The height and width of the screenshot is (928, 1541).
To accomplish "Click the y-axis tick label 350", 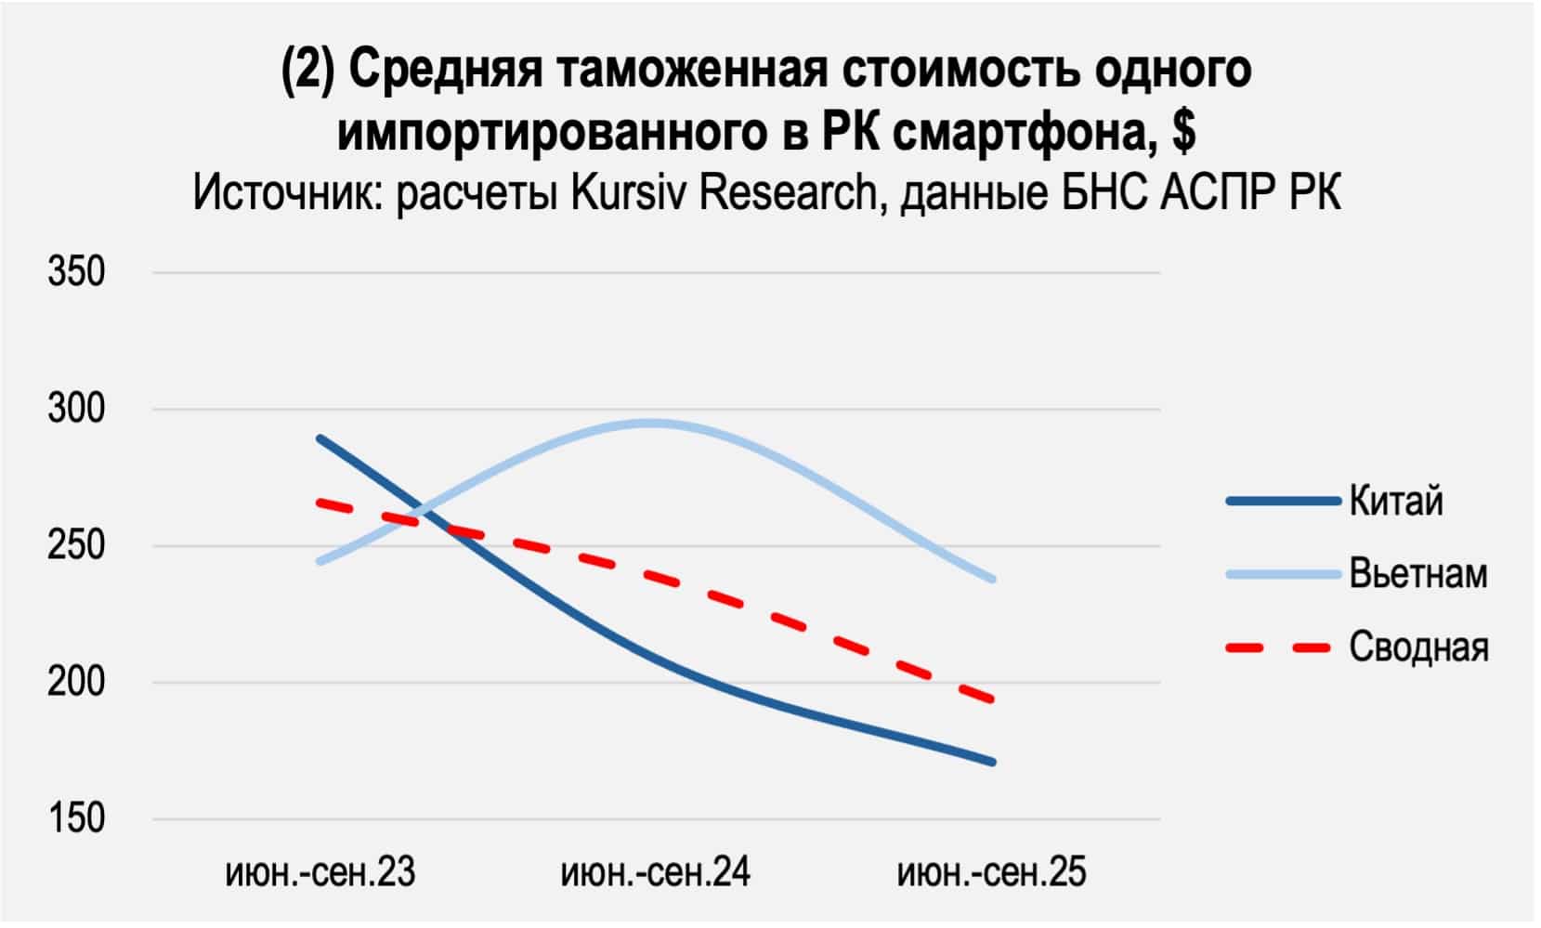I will tap(76, 272).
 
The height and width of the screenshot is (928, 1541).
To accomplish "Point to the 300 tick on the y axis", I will tap(76, 409).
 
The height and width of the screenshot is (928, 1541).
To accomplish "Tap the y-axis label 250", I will tap(76, 545).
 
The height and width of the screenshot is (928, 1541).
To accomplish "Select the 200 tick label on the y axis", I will tap(76, 682).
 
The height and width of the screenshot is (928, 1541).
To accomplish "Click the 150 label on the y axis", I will tap(76, 818).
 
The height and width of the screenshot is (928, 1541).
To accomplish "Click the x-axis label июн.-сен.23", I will tap(320, 873).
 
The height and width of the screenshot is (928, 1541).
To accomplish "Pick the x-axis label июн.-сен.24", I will tap(656, 873).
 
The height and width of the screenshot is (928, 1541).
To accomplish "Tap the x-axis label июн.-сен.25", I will tap(991, 873).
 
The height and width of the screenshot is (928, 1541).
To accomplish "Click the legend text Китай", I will tap(1396, 501).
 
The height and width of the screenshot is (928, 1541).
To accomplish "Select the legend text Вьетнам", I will tap(1417, 573).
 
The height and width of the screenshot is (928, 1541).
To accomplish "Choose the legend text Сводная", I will tap(1417, 647).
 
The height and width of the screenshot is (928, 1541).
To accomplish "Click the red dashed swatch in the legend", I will tap(1282, 647).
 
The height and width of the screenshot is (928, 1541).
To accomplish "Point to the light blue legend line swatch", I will tap(1282, 574).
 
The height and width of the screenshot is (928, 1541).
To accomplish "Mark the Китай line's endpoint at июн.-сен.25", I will tap(992, 762).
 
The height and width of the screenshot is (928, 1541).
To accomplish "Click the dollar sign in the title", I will tap(1182, 132).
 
